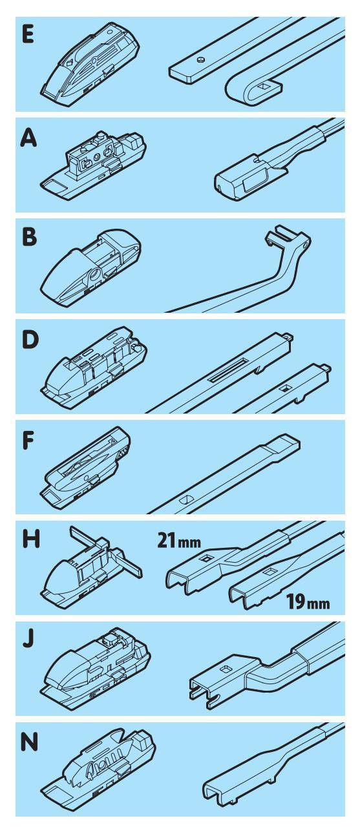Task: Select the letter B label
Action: point(30,238)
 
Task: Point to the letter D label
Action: point(30,340)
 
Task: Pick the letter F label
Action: point(28,441)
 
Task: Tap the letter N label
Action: point(29,741)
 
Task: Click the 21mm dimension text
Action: point(179,541)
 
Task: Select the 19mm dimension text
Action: point(308,601)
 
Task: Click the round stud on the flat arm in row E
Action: point(201,59)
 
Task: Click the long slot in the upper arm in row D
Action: point(226,371)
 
